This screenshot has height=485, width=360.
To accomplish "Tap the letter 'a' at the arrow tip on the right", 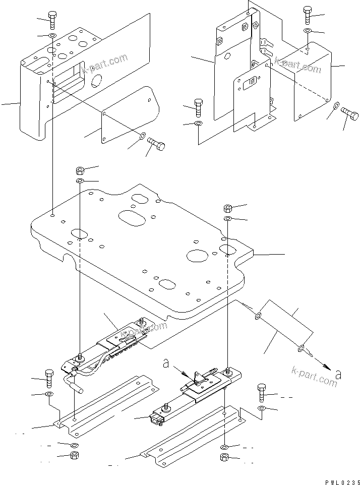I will [337, 374].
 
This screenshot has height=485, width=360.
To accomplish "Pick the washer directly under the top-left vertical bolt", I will [52, 36].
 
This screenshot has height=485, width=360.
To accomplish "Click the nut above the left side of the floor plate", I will [80, 169].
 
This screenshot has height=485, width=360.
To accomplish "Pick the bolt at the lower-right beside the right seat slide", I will [262, 392].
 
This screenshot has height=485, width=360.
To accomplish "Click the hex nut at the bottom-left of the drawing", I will [74, 457].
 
